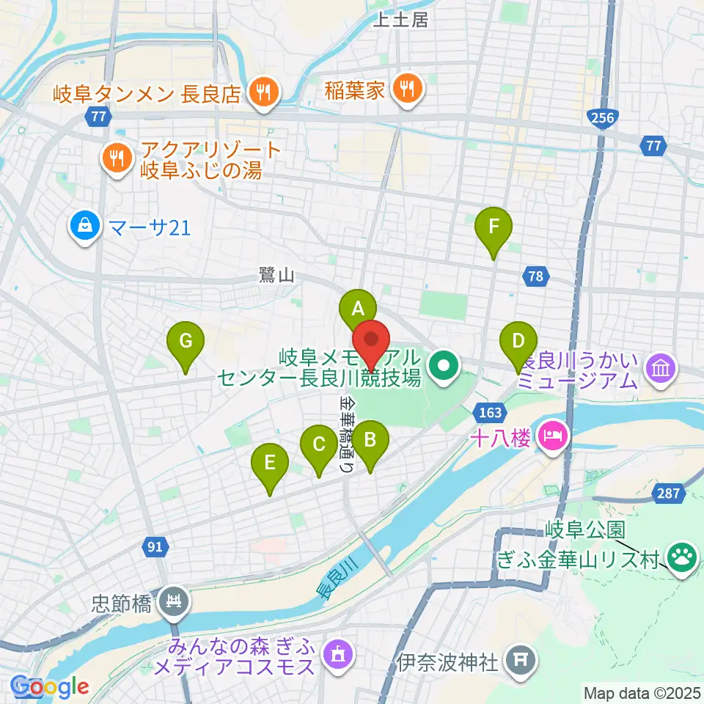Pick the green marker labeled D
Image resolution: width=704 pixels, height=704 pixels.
tap(518, 342)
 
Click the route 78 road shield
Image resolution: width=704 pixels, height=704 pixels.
tap(536, 276)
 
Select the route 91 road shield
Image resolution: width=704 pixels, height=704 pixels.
tap(155, 546)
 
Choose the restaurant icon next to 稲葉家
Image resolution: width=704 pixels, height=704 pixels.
tap(404, 89)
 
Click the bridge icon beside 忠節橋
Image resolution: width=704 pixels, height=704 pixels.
tap(175, 604)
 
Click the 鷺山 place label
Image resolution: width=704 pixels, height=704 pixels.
tap(276, 276)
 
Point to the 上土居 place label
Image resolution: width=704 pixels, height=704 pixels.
tap(400, 21)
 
